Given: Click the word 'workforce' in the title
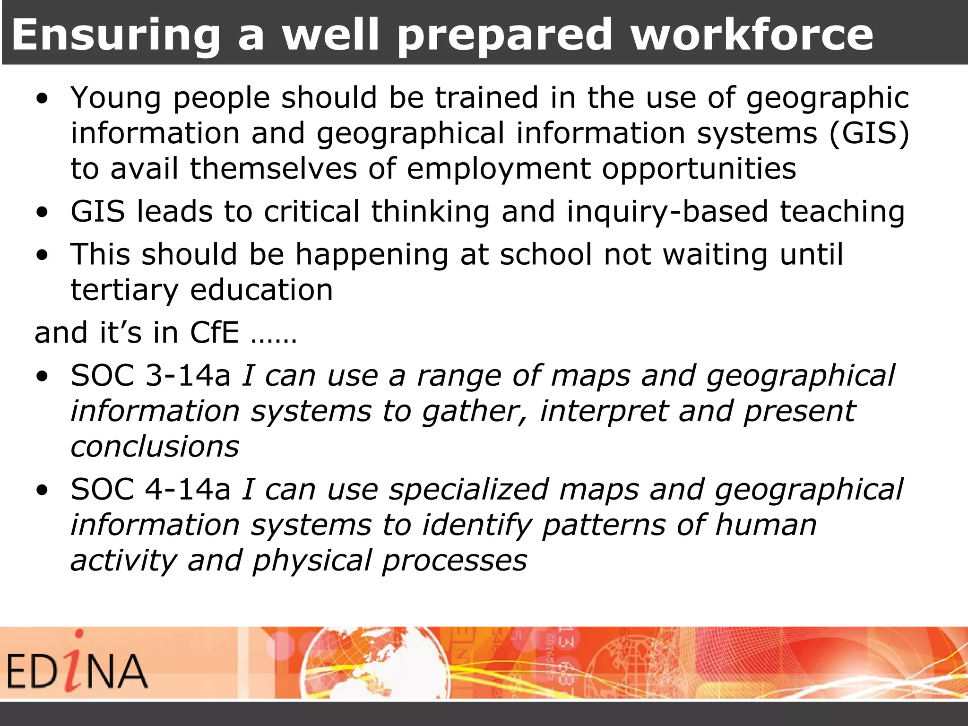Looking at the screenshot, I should (x=752, y=34).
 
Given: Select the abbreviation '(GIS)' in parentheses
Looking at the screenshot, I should (x=869, y=133).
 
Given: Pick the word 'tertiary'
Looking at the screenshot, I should (x=124, y=290).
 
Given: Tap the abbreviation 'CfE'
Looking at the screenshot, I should (x=214, y=333).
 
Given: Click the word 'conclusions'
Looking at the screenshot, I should (x=155, y=447).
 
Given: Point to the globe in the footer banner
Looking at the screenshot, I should (x=376, y=663).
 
